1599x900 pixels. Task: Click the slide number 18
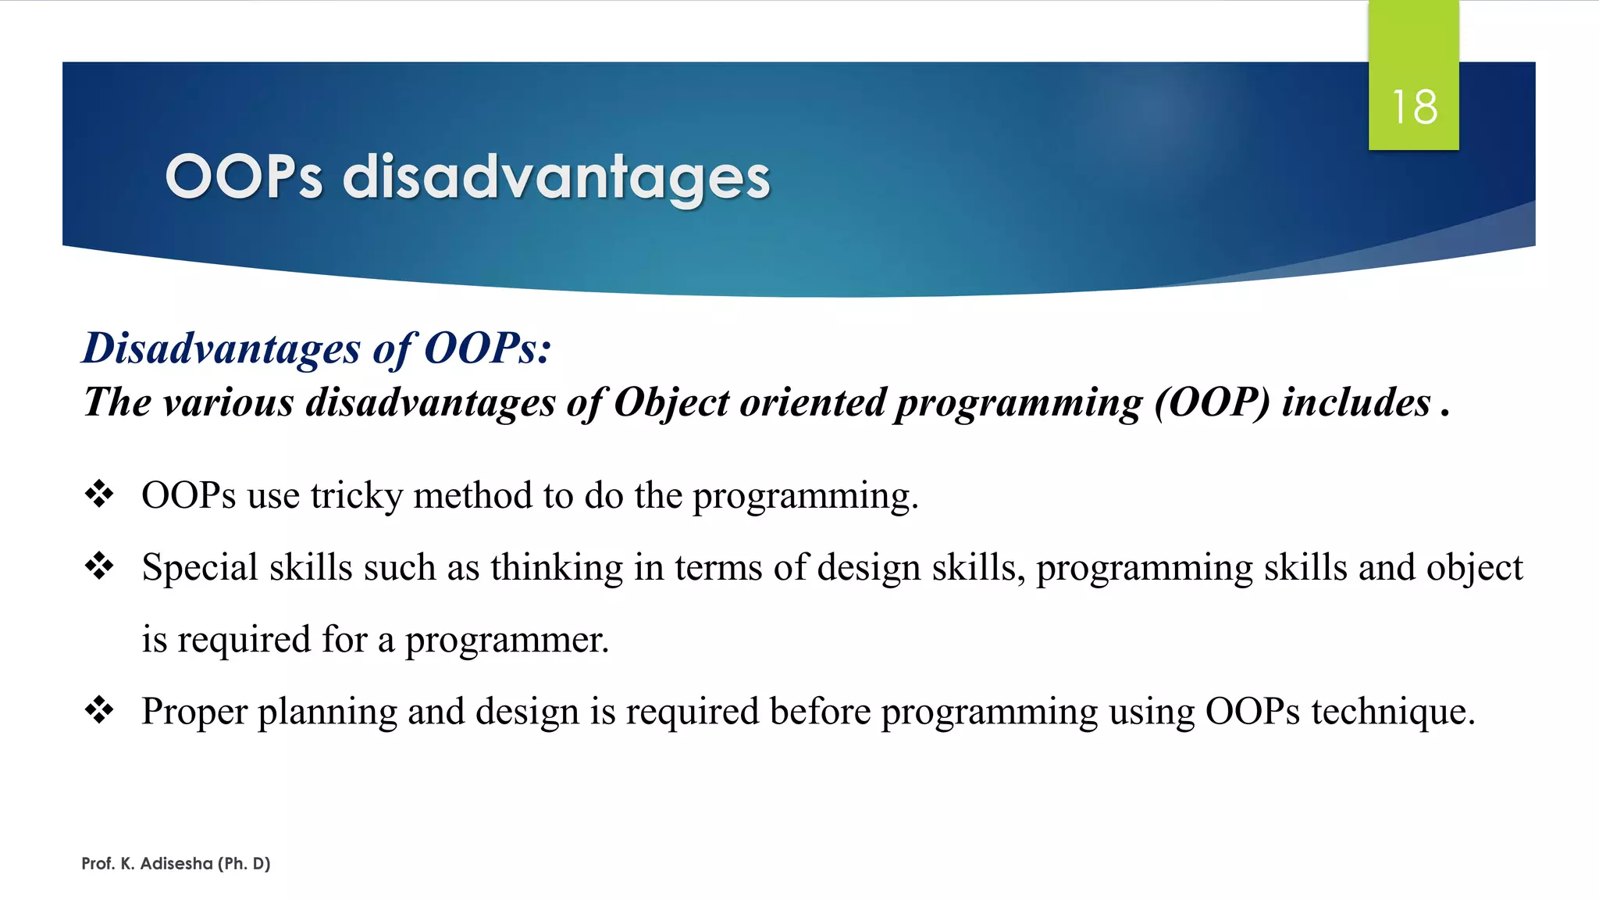(1414, 107)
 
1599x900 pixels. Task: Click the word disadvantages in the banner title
(556, 177)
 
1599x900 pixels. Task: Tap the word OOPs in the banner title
(244, 177)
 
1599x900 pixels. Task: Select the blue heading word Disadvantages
(221, 348)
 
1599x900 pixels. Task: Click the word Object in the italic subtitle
(671, 403)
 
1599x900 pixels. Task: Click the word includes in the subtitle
(1356, 403)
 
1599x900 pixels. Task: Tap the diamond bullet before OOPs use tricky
(99, 495)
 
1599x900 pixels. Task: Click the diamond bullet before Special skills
(99, 566)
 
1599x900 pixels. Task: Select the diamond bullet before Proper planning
(99, 711)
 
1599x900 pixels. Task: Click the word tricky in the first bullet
(356, 496)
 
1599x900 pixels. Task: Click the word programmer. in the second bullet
(507, 640)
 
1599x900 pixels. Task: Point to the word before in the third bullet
(820, 712)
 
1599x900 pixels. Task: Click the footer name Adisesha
(176, 863)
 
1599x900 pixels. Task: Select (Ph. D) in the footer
(244, 863)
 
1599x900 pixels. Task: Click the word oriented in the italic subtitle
(811, 403)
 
